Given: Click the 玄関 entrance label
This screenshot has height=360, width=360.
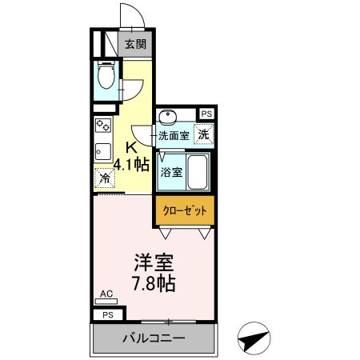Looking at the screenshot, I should pyautogui.click(x=134, y=45).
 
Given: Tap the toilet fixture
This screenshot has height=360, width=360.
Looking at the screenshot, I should pyautogui.click(x=105, y=76).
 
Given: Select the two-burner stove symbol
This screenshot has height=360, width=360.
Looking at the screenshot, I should pyautogui.click(x=102, y=126).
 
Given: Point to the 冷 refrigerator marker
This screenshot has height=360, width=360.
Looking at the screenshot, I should pyautogui.click(x=104, y=178).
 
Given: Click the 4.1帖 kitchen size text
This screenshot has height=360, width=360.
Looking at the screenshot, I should pyautogui.click(x=132, y=166).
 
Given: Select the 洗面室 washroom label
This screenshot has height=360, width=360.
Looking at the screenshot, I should pyautogui.click(x=174, y=136).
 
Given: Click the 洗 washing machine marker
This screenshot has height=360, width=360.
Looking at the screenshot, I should pyautogui.click(x=204, y=134).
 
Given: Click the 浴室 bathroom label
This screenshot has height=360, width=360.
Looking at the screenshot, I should pyautogui.click(x=171, y=172).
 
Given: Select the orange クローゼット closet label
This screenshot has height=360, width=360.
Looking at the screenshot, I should pyautogui.click(x=185, y=210).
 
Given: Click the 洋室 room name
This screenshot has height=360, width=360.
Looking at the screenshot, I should pyautogui.click(x=154, y=262).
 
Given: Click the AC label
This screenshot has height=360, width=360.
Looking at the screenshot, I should pyautogui.click(x=106, y=294).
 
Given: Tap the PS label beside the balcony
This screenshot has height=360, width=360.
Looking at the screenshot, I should pyautogui.click(x=107, y=315).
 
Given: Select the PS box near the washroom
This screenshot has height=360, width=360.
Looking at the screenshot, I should pyautogui.click(x=206, y=114).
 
